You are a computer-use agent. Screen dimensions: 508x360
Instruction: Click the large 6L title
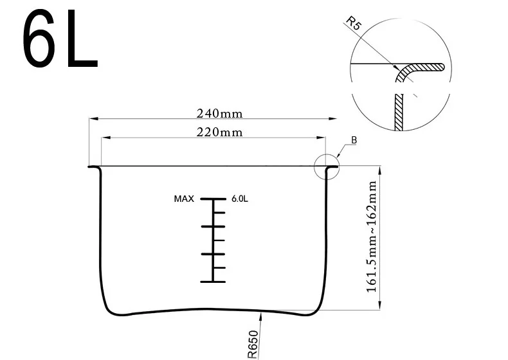pyautogui.click(x=60, y=38)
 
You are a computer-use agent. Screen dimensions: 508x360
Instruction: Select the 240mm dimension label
pyautogui.click(x=219, y=114)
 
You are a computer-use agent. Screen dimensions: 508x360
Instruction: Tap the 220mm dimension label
pyautogui.click(x=219, y=132)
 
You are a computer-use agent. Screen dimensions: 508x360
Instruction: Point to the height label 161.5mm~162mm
pyautogui.click(x=371, y=237)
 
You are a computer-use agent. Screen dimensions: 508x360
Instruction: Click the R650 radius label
pyautogui.click(x=253, y=345)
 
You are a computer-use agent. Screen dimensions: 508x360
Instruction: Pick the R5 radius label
pyautogui.click(x=353, y=23)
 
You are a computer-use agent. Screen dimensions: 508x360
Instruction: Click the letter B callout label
pyautogui.click(x=354, y=140)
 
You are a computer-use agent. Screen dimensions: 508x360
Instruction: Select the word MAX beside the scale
pyautogui.click(x=184, y=199)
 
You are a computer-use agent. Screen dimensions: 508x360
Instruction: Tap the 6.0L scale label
pyautogui.click(x=240, y=199)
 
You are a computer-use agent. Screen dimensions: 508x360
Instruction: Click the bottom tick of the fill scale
pyautogui.click(x=213, y=282)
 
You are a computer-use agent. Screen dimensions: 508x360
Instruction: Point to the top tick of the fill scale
pyautogui.click(x=213, y=199)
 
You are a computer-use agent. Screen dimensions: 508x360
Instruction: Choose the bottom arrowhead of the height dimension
pyautogui.click(x=379, y=305)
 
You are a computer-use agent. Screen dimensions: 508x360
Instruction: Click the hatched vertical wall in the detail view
pyautogui.click(x=399, y=112)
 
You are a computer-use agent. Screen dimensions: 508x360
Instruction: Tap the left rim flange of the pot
pyautogui.click(x=94, y=167)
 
